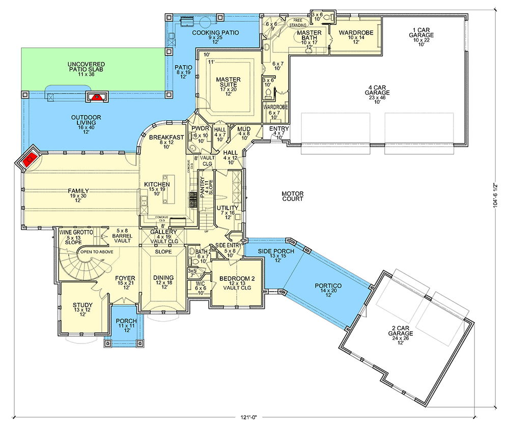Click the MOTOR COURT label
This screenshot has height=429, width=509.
click(292, 196)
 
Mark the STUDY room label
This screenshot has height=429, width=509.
click(82, 309)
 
